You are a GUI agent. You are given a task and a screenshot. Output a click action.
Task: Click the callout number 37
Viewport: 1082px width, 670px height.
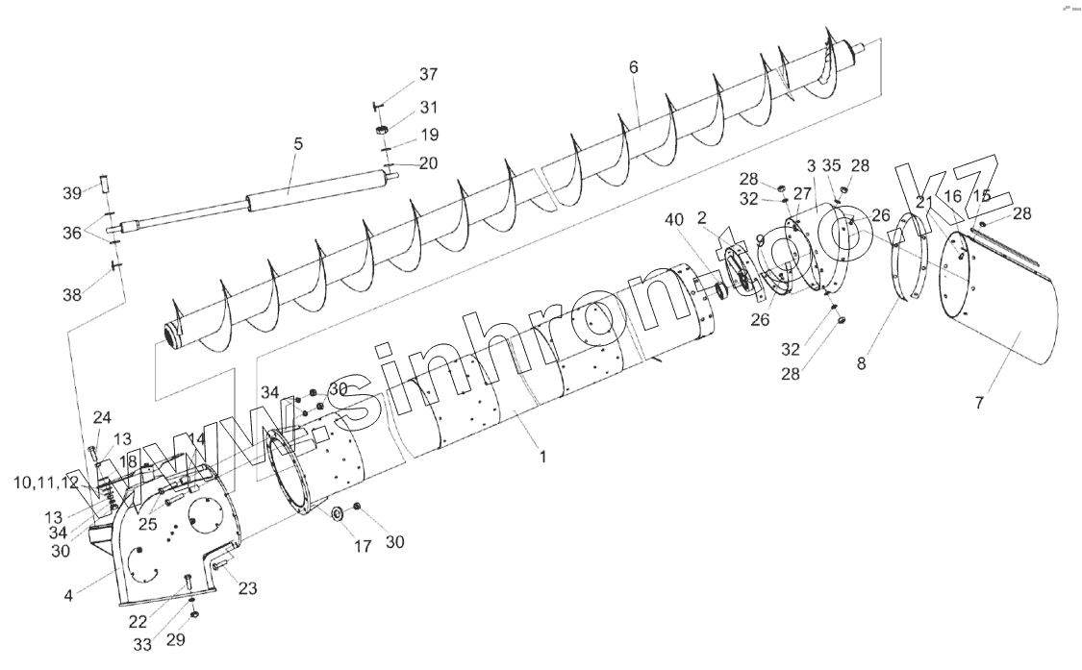[x=428, y=75]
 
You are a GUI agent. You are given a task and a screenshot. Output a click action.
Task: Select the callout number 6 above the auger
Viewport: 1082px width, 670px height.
[x=633, y=67]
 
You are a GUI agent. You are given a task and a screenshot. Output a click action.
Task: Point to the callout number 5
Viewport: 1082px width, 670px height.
[x=298, y=144]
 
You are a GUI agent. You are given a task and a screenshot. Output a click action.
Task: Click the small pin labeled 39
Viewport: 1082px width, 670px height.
[x=104, y=184]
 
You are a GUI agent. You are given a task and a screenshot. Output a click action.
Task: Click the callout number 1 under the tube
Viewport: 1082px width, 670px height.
[x=542, y=458]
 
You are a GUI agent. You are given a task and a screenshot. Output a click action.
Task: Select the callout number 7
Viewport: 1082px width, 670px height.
[x=979, y=404]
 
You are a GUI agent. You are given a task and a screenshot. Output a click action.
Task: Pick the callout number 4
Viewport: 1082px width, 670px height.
[x=68, y=595]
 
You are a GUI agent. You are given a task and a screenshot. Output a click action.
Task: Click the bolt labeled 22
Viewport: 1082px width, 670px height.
[x=187, y=581]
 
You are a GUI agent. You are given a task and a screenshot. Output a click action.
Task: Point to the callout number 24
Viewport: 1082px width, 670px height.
[x=102, y=417]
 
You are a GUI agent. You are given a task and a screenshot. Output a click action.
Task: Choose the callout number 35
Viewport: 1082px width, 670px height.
[x=833, y=165]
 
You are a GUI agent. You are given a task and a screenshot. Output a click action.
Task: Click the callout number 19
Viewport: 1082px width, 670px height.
[x=428, y=135]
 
